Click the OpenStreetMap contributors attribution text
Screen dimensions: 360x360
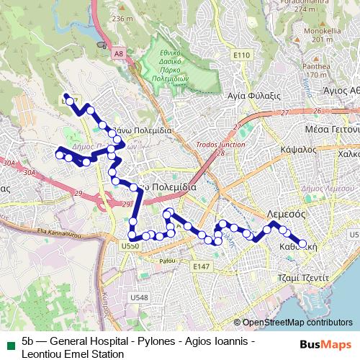click(297, 323)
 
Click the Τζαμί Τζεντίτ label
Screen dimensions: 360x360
click(303, 276)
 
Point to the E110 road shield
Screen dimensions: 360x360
click(241, 55)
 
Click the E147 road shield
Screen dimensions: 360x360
click(201, 266)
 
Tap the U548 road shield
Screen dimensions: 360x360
click(140, 297)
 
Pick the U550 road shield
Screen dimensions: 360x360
click(130, 246)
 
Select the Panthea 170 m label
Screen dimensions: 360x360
click(317, 70)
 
